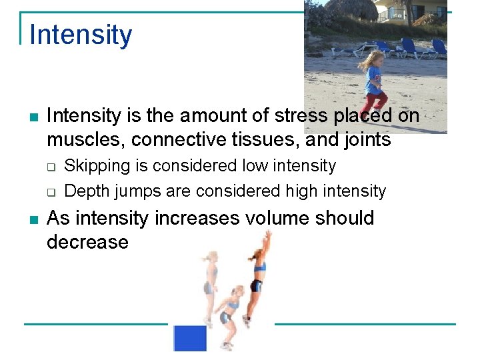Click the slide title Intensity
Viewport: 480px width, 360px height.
click(81, 35)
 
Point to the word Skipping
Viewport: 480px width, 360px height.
click(93, 165)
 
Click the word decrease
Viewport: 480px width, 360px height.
click(87, 242)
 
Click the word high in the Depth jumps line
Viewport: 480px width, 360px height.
click(301, 191)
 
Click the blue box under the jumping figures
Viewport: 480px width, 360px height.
click(190, 338)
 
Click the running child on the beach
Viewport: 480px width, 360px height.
click(373, 83)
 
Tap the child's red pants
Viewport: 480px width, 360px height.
click(373, 103)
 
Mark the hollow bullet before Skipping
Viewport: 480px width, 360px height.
click(51, 166)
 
